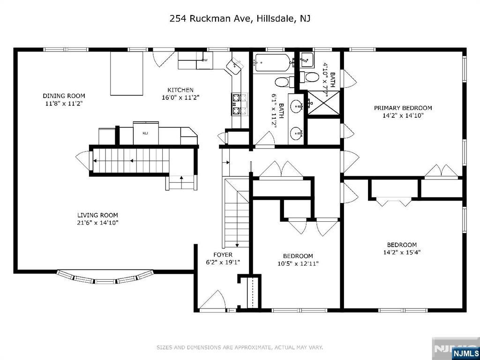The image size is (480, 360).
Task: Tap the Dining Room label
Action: click(x=64, y=96)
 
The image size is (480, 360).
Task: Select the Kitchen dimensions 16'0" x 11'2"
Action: click(x=180, y=97)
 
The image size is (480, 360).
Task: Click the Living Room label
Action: click(x=97, y=216)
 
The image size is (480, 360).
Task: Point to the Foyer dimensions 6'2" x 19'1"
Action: click(x=223, y=262)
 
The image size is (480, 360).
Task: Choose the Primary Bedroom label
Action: click(x=403, y=108)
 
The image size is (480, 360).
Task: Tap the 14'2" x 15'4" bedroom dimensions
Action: click(x=402, y=253)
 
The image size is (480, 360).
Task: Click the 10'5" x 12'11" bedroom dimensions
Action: click(x=298, y=263)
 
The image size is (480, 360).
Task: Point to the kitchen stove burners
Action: click(x=240, y=105)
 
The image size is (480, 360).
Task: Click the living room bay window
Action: click(x=105, y=277)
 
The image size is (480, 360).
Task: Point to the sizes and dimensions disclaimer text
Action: click(x=240, y=347)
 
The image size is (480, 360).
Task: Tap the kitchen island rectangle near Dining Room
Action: click(x=127, y=74)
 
